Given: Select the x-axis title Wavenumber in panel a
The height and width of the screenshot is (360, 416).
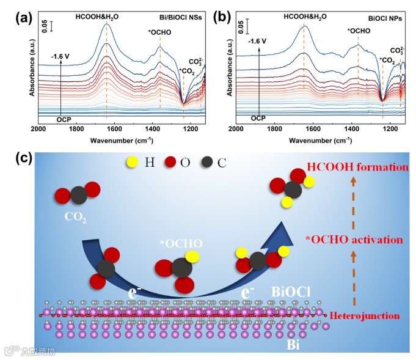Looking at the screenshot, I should (x=121, y=139).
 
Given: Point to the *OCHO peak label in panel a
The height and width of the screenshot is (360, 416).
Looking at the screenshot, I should (x=161, y=32).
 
